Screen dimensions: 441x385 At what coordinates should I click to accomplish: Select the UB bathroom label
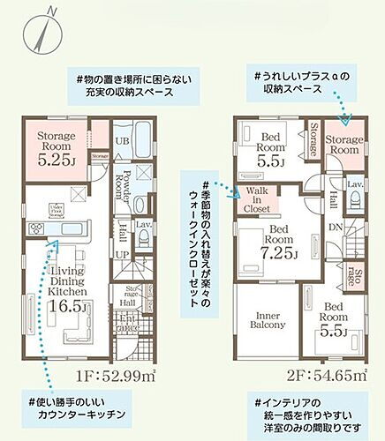pos(124,141)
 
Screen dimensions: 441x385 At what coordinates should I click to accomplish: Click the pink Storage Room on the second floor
pos(343,146)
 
